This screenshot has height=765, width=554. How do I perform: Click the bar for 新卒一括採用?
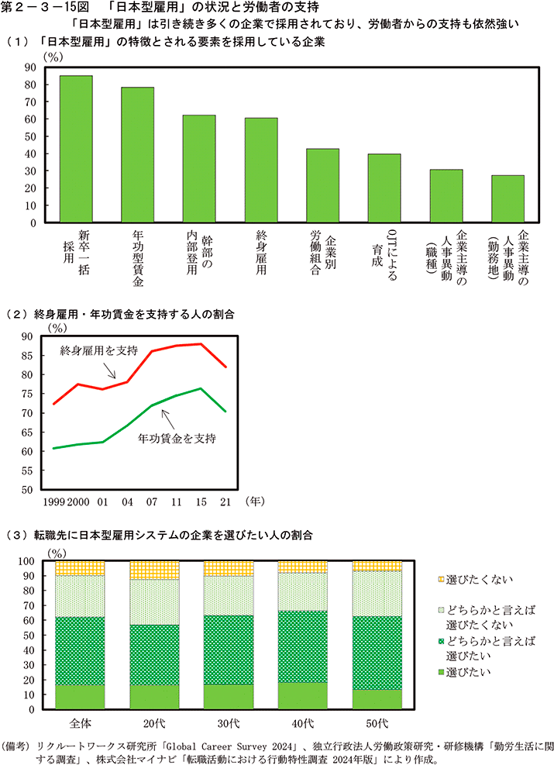pyautogui.click(x=76, y=149)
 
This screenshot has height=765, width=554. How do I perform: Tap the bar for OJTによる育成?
pyautogui.click(x=384, y=188)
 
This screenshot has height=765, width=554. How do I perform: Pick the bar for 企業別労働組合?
pyautogui.click(x=322, y=185)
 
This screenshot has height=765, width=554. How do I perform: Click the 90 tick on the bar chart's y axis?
pyautogui.click(x=31, y=67)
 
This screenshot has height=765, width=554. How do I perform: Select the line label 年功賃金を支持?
pyautogui.click(x=176, y=439)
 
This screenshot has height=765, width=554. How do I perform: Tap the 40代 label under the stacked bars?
pyautogui.click(x=302, y=722)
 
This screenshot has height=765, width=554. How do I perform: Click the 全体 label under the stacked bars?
pyautogui.click(x=80, y=722)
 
